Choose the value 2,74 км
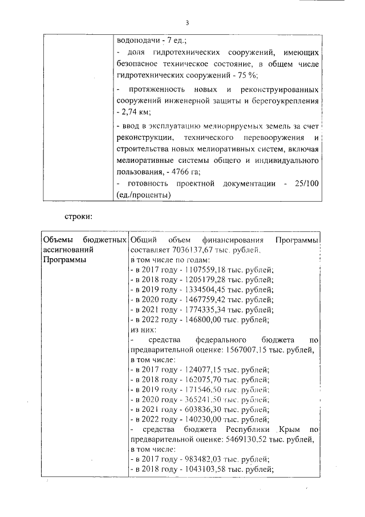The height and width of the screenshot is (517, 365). tap(132, 112)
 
